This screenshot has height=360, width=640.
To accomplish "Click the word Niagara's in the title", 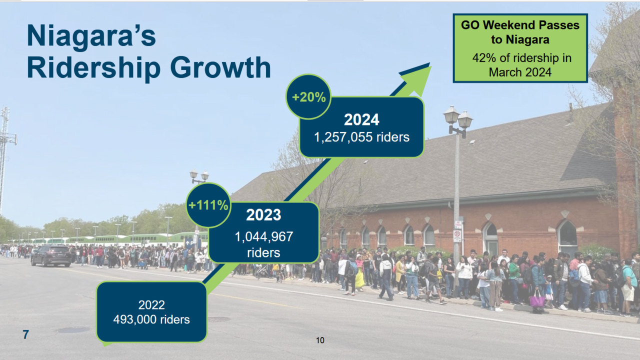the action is coord(91,36).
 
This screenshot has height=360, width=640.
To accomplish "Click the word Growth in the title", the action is coord(220,67).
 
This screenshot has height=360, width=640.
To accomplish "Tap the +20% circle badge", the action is coord(308,97).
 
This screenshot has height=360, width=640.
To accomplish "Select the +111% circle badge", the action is coord(208,205).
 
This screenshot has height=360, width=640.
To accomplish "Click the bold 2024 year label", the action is coord(361,119).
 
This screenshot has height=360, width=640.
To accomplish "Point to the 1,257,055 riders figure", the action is coord(361,137).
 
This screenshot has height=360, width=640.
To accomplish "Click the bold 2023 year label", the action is coord(263,215).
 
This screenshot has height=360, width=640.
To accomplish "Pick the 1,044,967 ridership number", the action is coord(263,237).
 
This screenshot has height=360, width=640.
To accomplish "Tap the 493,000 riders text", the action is coord(151,319).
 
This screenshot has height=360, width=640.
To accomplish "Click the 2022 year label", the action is coord(151,305).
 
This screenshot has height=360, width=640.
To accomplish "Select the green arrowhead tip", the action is coord(431,66).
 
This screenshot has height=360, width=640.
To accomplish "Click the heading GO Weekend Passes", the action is coord(520,25).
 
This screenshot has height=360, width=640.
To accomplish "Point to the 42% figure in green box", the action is coord(484,58).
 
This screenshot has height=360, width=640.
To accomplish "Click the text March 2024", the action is coord(520,72).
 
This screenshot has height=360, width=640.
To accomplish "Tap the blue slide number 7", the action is coord(25,334).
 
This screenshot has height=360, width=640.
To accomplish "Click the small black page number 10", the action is coord(320,340).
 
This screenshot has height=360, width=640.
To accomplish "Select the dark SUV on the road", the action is coord(51,255).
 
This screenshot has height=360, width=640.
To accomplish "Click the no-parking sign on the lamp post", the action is coord(457,236).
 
